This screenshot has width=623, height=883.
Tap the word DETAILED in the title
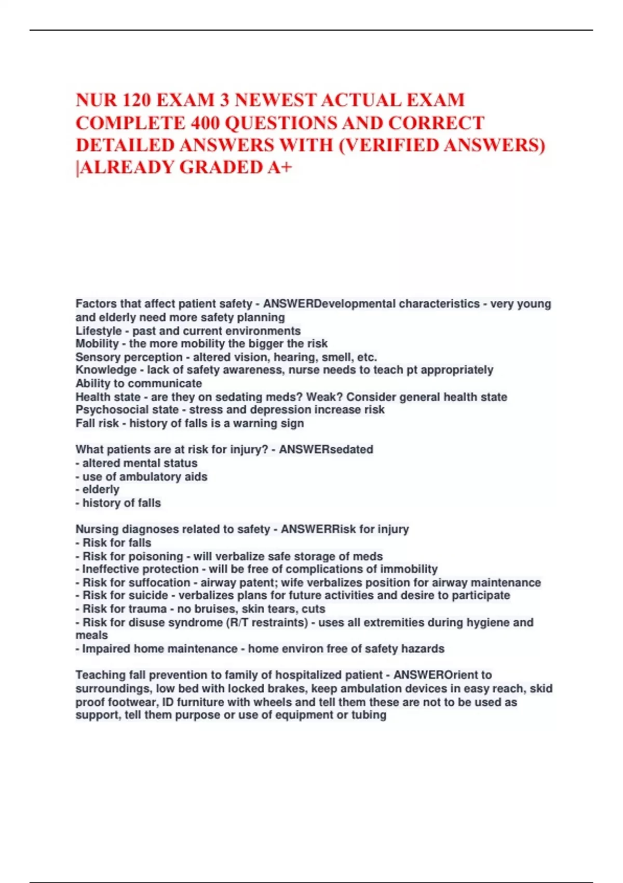125,145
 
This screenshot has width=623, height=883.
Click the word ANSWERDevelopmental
371,304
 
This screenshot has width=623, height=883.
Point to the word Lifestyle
98,331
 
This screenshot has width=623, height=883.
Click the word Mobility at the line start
97,344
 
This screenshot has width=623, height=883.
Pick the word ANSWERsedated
326,449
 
